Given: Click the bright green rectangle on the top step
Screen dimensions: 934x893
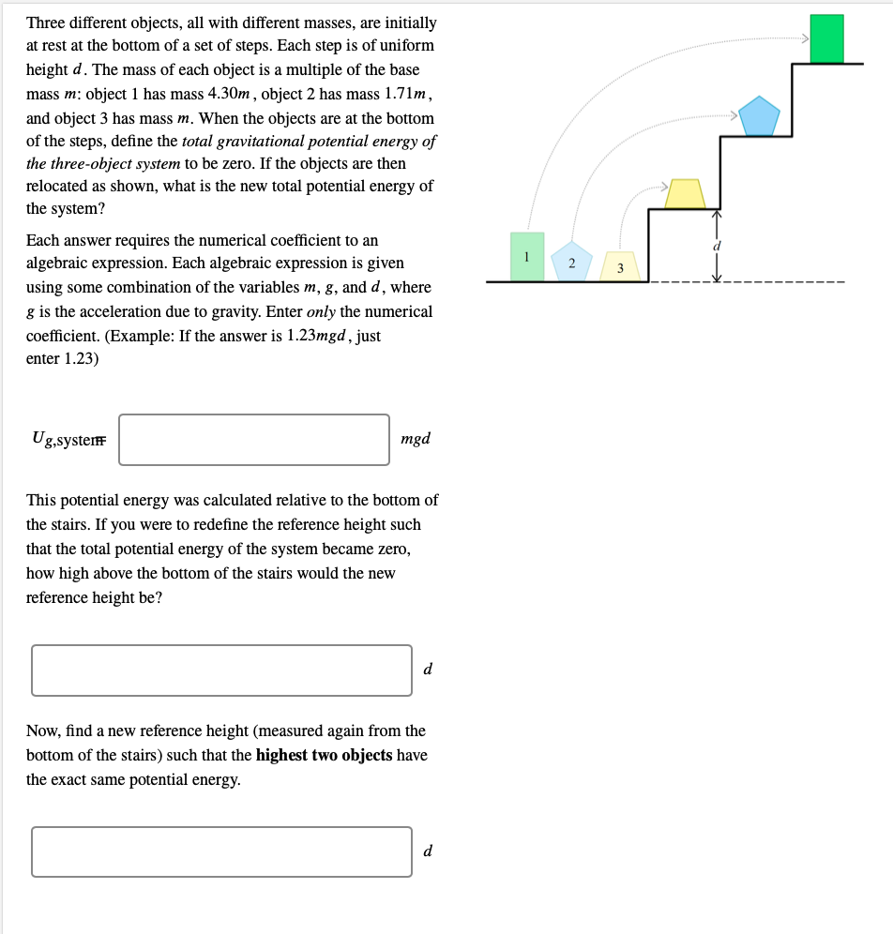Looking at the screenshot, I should pyautogui.click(x=826, y=39).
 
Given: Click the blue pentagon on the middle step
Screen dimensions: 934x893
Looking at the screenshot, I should pyautogui.click(x=759, y=116).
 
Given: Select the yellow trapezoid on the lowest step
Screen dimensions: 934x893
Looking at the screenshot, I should pyautogui.click(x=686, y=193).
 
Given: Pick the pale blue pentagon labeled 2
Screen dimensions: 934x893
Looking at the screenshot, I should pyautogui.click(x=571, y=262).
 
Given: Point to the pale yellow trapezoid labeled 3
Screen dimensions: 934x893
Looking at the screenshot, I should pyautogui.click(x=619, y=266).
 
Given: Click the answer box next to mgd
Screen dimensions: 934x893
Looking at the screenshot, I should pyautogui.click(x=254, y=439).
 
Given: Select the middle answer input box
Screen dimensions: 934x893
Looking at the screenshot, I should pyautogui.click(x=221, y=670).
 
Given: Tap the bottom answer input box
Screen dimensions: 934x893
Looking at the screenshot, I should pyautogui.click(x=221, y=851).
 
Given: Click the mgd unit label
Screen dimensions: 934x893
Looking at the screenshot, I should pyautogui.click(x=415, y=439).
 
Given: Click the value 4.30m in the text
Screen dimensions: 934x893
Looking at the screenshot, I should pyautogui.click(x=229, y=94).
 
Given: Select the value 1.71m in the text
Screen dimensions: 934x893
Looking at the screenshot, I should pyautogui.click(x=406, y=94).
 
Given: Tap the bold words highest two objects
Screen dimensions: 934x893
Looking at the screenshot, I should pyautogui.click(x=324, y=755).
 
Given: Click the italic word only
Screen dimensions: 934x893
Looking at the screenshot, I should pyautogui.click(x=321, y=311).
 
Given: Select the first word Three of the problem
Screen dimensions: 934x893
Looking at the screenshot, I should pyautogui.click(x=48, y=22).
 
